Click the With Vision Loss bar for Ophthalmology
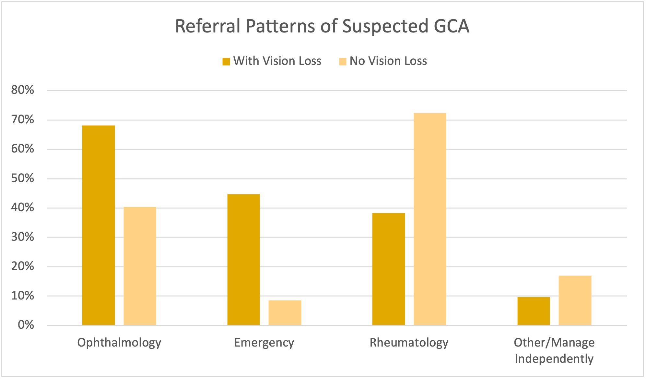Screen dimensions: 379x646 point(99,225)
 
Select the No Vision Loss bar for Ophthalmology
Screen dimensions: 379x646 point(140,266)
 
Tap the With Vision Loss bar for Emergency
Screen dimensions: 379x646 point(243,260)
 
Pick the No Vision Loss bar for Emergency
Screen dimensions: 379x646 point(285,313)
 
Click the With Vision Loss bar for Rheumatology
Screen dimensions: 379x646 point(388,269)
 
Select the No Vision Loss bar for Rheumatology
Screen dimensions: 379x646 point(430,219)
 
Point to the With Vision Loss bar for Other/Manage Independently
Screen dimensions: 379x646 point(534,311)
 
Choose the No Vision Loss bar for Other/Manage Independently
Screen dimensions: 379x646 point(575,300)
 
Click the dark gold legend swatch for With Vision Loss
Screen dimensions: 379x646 point(226,61)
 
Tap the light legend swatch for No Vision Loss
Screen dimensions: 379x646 point(343,61)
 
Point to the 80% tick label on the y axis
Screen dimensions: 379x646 point(22,90)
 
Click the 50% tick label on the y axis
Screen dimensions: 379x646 point(22,178)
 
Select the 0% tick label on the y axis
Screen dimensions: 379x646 point(26,325)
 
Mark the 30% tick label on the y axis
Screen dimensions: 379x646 point(22,237)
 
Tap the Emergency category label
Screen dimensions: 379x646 point(264,343)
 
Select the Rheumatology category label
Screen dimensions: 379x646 point(409,343)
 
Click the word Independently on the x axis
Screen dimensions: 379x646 point(554,359)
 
